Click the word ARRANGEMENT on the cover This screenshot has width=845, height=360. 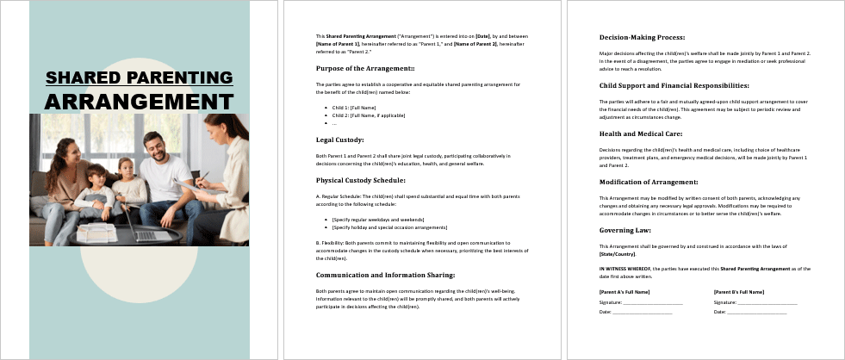click(139, 101)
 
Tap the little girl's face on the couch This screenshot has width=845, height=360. click(126, 168)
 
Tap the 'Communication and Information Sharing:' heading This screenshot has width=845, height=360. click(385, 276)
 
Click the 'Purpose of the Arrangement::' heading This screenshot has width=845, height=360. click(365, 68)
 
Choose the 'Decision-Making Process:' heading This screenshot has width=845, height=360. click(642, 37)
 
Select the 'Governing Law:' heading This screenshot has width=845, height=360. click(624, 230)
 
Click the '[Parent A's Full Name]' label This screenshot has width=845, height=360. click(624, 292)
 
